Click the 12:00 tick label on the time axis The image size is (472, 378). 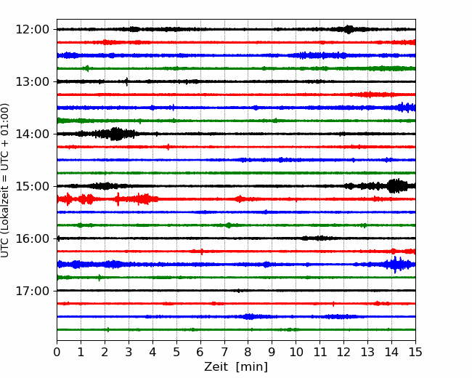click(x=32, y=30)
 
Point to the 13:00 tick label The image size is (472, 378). click(x=32, y=81)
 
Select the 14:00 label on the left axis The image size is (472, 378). click(x=32, y=134)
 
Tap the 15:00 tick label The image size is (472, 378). click(x=32, y=186)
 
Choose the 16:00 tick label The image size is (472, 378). click(x=32, y=238)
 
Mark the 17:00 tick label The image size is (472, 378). click(x=32, y=291)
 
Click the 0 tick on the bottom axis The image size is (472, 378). click(x=57, y=352)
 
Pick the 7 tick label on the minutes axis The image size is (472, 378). click(x=224, y=352)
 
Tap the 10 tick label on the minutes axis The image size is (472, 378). click(x=296, y=352)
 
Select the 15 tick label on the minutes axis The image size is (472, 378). click(x=415, y=352)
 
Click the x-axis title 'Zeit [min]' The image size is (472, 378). click(x=236, y=367)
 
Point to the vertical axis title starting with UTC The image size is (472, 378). click(x=4, y=180)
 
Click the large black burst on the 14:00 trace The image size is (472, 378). click(x=115, y=134)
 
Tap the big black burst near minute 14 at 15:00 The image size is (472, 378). click(x=397, y=186)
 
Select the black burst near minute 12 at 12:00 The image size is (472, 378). click(x=349, y=30)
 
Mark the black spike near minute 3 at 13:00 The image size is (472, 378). click(x=127, y=81)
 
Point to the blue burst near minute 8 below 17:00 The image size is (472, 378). click(x=249, y=316)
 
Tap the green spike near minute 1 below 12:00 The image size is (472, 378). click(x=88, y=68)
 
